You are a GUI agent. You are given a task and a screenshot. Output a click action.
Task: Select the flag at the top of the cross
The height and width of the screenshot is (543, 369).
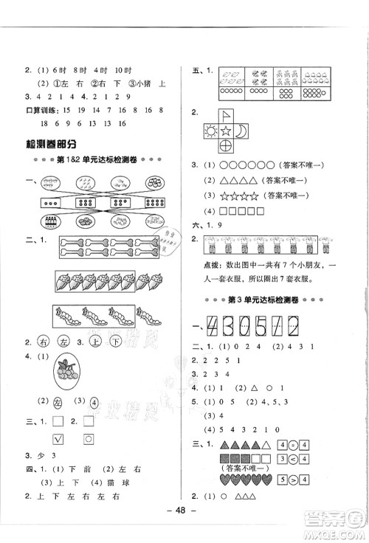click(246, 112)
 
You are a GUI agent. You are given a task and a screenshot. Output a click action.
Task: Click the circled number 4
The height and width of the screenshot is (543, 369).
click(95, 402)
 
